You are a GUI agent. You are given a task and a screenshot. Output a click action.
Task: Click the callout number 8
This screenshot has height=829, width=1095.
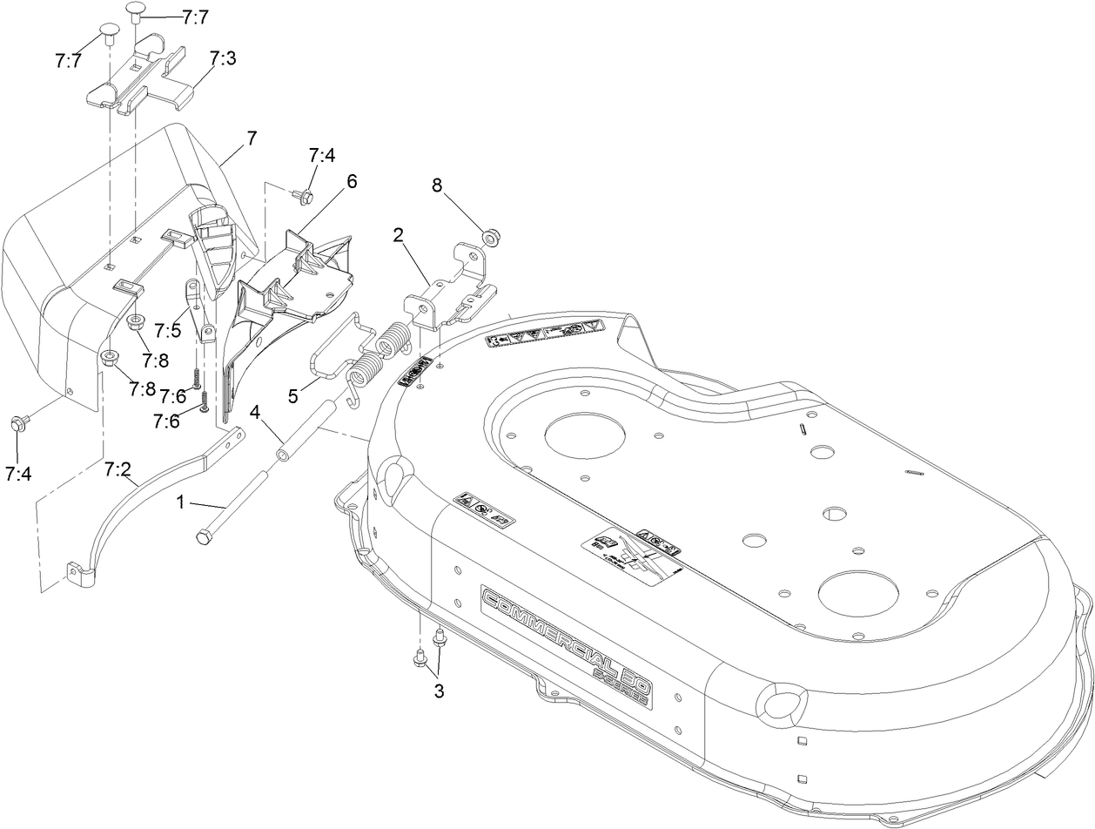(x=437, y=185)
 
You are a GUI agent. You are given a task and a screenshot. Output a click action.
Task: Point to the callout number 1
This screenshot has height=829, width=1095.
(x=180, y=502)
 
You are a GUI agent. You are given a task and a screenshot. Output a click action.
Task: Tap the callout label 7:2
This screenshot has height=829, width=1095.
(x=118, y=469)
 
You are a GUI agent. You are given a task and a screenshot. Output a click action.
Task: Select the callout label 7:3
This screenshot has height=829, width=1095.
(x=223, y=58)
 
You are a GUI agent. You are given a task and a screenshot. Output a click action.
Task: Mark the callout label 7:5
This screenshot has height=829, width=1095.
(x=167, y=329)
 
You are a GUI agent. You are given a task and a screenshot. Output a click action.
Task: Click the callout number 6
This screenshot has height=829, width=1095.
(x=352, y=181)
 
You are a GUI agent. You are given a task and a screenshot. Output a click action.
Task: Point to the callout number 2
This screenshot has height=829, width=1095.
(x=398, y=234)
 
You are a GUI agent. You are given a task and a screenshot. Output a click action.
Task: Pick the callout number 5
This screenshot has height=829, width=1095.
(x=293, y=395)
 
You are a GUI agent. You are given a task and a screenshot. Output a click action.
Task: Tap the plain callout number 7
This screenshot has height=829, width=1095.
(x=252, y=138)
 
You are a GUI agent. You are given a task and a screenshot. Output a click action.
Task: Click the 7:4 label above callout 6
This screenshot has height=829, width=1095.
(x=321, y=155)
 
